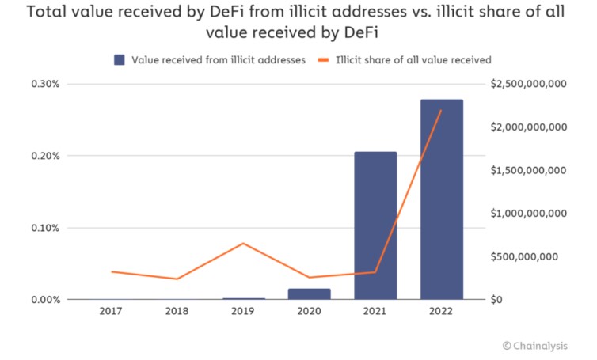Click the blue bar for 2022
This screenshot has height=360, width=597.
pos(442,199)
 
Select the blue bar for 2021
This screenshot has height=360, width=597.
pos(375,225)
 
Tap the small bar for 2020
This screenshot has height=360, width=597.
pos(309,294)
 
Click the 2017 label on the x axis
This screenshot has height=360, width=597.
pos(111,312)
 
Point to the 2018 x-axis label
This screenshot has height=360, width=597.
pos(177,312)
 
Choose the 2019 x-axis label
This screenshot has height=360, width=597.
pos(243,312)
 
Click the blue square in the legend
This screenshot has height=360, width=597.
pos(119,60)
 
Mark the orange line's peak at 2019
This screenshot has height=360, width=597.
pos(243,244)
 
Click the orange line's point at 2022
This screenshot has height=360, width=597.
pos(441,110)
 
